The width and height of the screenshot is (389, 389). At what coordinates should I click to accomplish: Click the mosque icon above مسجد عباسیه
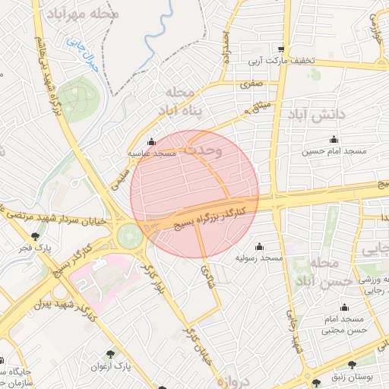pos(151,141)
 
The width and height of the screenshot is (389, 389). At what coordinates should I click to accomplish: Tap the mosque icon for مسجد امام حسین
pos(334,139)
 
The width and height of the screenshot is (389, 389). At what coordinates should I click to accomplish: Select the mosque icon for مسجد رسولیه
pos(260,246)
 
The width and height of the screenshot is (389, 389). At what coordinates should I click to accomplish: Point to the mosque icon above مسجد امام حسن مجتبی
pos(345,308)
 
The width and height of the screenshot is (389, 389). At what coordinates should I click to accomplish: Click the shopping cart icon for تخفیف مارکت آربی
pos(282,48)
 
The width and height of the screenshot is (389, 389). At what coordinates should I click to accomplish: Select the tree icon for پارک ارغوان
pos(112,354)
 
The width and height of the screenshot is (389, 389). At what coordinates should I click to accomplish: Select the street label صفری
pos(251,85)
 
